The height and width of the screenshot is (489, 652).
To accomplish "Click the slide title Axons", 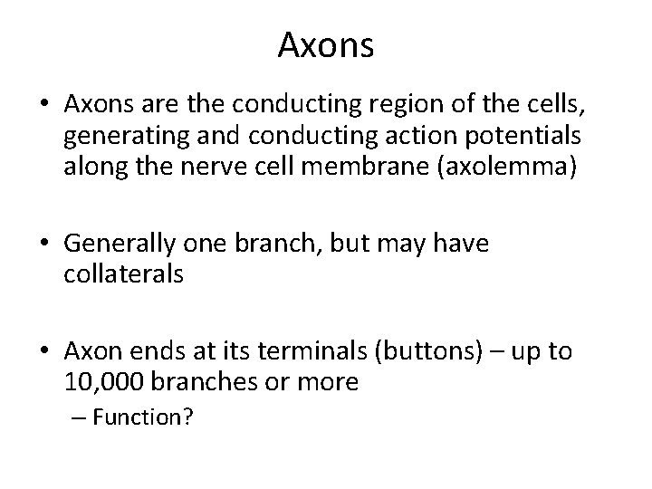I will (325, 44).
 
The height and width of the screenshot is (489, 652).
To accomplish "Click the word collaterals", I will (124, 273).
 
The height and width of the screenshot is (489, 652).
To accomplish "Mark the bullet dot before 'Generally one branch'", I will (44, 245).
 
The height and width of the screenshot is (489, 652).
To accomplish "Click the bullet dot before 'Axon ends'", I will (44, 351).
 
